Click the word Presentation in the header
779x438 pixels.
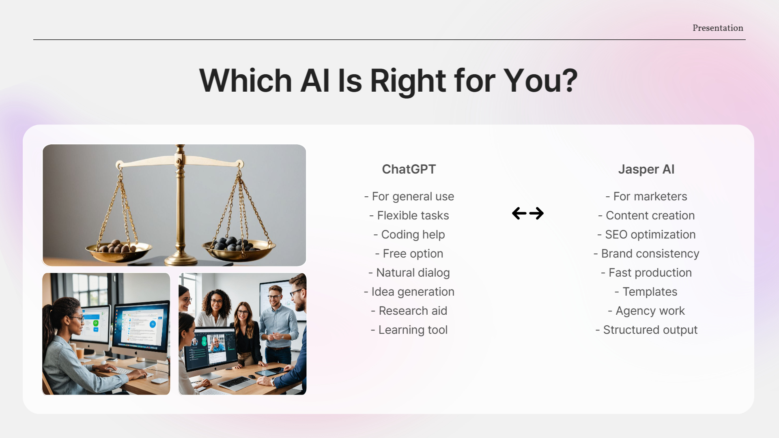coord(717,28)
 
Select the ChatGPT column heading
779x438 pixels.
coord(409,169)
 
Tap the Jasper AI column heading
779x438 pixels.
coord(646,169)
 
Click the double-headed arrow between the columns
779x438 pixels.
coord(527,213)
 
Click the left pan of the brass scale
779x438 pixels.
coord(118,251)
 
